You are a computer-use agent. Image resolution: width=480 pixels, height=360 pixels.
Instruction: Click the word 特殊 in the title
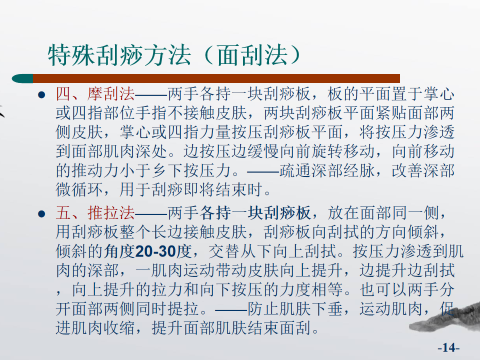pyautogui.click(x=71, y=55)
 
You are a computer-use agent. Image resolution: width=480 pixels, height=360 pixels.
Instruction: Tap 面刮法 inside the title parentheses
pyautogui.click(x=253, y=55)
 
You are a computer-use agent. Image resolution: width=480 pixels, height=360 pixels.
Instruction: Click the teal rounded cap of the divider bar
pyautogui.click(x=22, y=78)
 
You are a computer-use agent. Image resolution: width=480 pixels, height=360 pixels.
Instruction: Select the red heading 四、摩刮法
pyautogui.click(x=95, y=93)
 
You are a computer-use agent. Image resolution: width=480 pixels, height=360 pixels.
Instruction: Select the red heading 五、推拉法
pyautogui.click(x=95, y=212)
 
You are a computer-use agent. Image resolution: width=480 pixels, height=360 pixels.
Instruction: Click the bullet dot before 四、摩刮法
pyautogui.click(x=41, y=94)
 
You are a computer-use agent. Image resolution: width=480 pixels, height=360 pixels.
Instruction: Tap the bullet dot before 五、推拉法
pyautogui.click(x=41, y=213)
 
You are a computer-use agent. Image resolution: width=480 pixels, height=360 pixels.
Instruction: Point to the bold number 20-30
pyautogui.click(x=155, y=251)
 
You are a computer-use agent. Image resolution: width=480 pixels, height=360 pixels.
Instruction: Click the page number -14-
pyautogui.click(x=448, y=347)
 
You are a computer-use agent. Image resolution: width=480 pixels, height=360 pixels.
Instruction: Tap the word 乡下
pyautogui.click(x=167, y=170)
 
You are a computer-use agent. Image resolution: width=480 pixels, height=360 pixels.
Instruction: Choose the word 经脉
pyautogui.click(x=359, y=170)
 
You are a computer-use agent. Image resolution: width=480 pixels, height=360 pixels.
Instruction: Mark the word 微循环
pyautogui.click(x=79, y=190)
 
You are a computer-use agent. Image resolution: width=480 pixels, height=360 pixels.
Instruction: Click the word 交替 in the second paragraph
pyautogui.click(x=224, y=251)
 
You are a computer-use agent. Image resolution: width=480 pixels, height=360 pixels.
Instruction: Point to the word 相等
pyautogui.click(x=327, y=289)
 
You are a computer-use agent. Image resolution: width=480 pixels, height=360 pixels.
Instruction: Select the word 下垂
pyautogui.click(x=327, y=309)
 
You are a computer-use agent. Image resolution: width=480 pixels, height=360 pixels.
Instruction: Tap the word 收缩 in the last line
pyautogui.click(x=119, y=328)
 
